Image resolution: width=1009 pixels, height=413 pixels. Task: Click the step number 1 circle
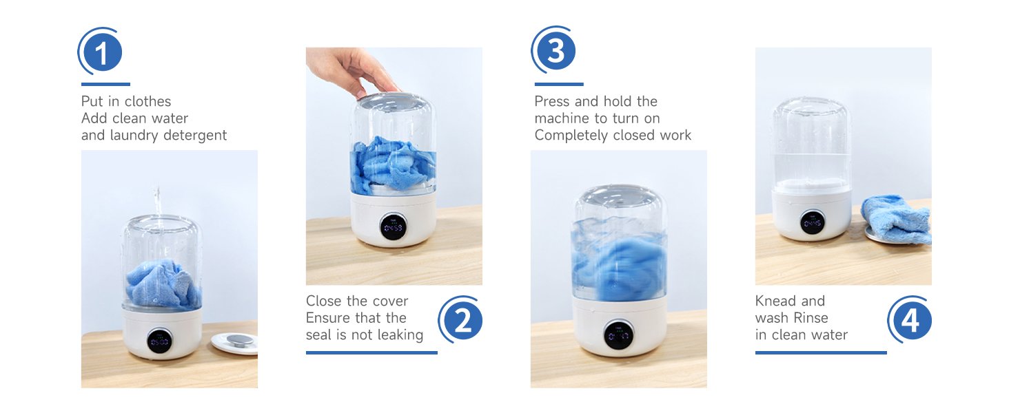point(102,52)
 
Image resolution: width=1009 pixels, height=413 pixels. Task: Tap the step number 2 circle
point(462,321)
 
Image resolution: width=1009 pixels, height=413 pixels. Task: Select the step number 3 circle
point(556,50)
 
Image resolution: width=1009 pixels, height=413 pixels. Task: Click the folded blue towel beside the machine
point(896,218)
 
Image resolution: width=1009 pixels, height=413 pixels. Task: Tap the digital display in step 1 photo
point(160,341)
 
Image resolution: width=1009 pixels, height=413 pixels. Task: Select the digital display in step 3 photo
point(618,335)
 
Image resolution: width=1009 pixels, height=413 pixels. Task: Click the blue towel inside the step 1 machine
point(162,284)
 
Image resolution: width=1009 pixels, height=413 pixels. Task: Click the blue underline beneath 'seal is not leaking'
point(371,352)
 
